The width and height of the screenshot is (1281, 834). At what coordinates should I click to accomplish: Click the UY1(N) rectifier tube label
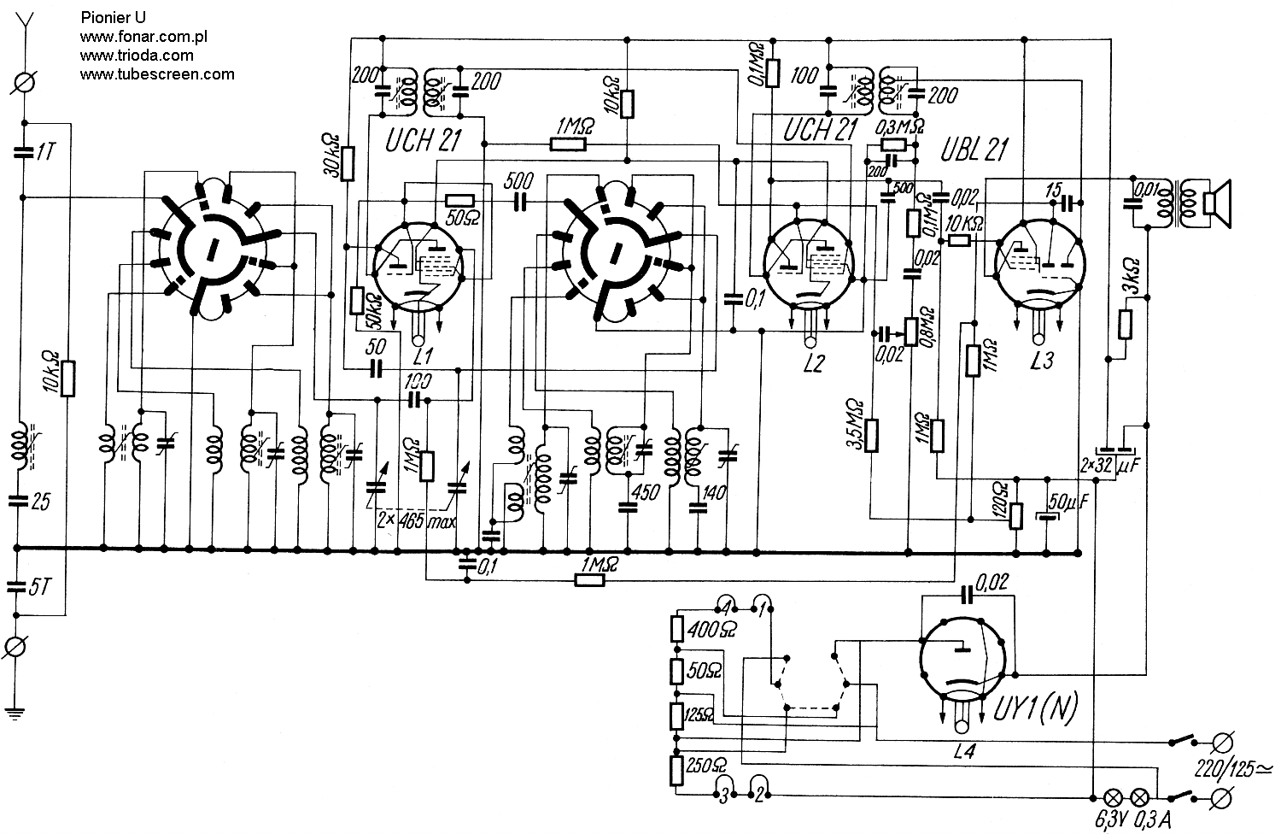1035,708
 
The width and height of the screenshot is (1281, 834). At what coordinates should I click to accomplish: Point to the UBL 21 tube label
973,150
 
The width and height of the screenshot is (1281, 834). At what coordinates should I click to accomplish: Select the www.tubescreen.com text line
156,73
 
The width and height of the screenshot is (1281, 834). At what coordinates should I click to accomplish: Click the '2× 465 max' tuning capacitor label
417,520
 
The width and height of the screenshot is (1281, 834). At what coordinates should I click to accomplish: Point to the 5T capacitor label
39,587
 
